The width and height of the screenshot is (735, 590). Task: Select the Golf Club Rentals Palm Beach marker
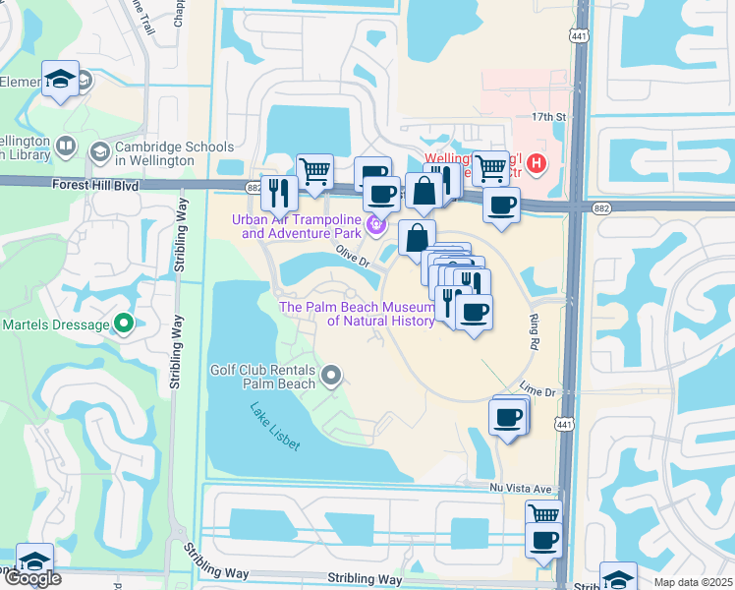(x=331, y=375)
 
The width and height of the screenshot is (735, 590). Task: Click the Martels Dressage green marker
(x=123, y=324)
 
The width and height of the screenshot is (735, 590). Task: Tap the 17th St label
(x=549, y=116)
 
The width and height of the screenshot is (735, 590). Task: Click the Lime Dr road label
(x=538, y=391)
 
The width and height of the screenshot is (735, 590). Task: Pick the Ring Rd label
(x=536, y=332)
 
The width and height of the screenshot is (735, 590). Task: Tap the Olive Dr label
(x=352, y=258)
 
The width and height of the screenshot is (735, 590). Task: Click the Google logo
(x=32, y=578)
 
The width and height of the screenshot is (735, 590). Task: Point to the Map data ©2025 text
(x=693, y=582)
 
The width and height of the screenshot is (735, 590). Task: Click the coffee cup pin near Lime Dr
(x=508, y=416)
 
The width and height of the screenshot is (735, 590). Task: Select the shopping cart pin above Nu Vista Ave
(x=543, y=514)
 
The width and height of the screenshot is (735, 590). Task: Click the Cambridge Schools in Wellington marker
(x=99, y=152)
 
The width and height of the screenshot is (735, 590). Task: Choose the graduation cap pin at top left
(x=60, y=78)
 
